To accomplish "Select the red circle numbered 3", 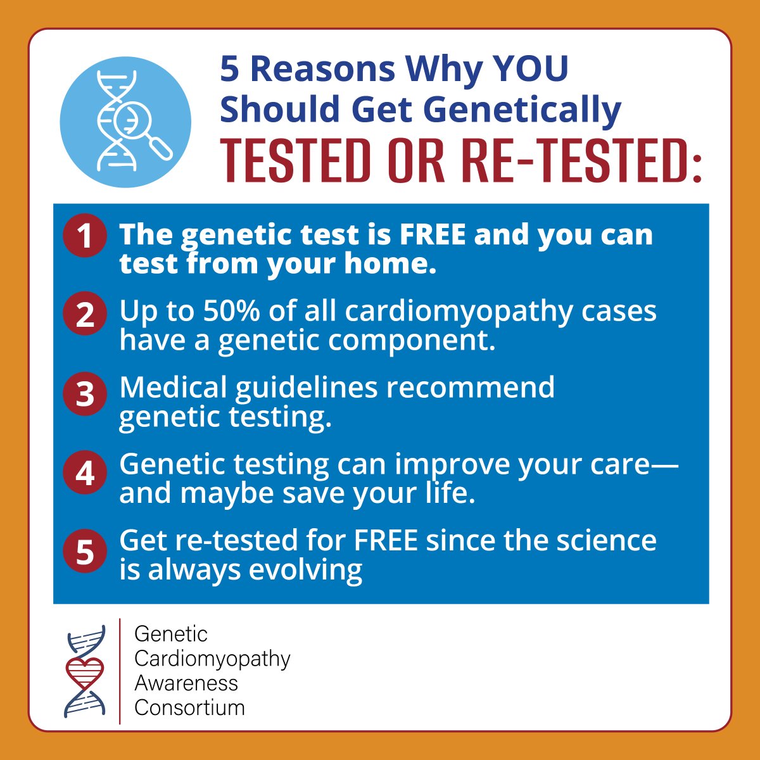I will coord(84,394).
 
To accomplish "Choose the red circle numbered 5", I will coord(84,552).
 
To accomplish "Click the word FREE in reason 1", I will coord(432,234).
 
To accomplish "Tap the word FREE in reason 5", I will coord(386,540).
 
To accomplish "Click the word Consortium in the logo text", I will coord(189,707).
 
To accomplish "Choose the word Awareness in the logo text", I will coord(186,683).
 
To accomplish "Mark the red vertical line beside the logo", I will coord(120,671).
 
